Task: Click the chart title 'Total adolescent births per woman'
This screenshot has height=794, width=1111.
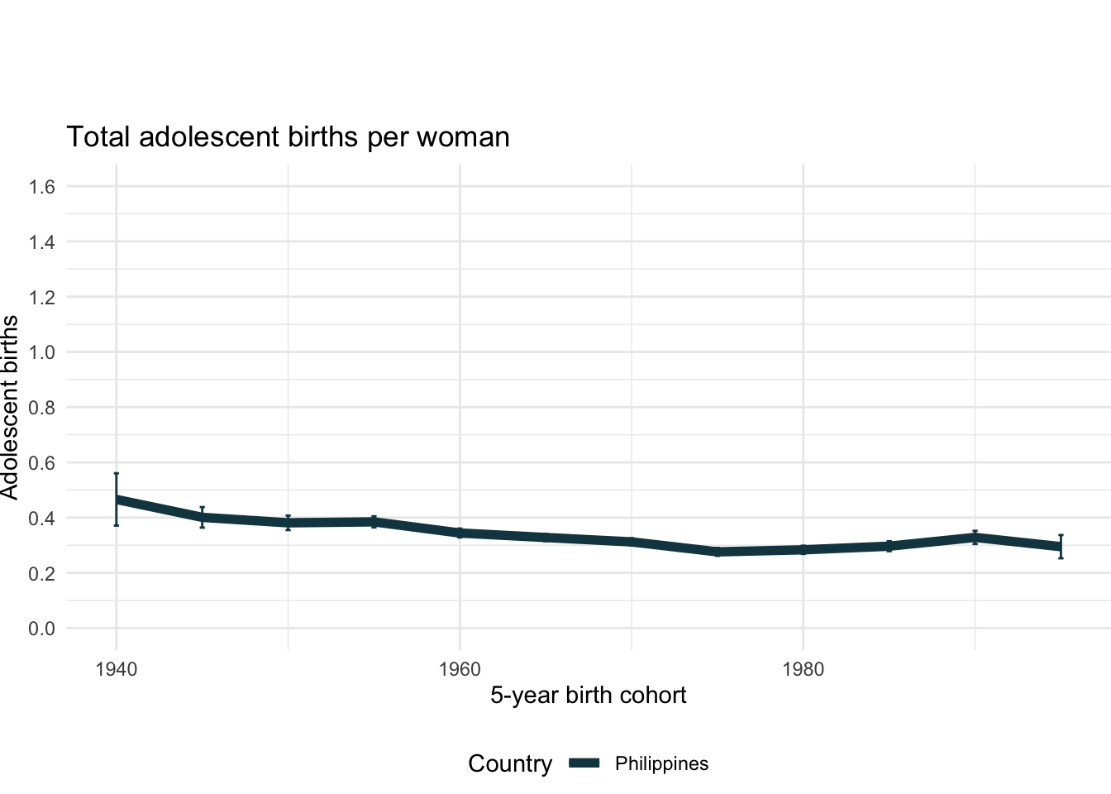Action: (288, 136)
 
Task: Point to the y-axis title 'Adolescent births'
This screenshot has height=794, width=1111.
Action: (10, 407)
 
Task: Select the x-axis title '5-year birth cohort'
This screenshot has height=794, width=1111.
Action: (588, 695)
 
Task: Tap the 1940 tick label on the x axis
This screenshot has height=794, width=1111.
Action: (116, 669)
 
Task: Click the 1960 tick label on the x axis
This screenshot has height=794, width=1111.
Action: (460, 669)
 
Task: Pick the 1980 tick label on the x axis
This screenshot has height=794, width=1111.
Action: (803, 669)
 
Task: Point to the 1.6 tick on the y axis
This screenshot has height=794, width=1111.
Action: (41, 187)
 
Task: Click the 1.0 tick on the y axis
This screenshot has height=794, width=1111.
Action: (41, 352)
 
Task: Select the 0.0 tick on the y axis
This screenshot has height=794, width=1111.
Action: (41, 629)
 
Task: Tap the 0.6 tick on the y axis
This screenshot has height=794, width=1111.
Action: (41, 463)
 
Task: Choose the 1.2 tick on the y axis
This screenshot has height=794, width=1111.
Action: (41, 297)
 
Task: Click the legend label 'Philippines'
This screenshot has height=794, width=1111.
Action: (661, 763)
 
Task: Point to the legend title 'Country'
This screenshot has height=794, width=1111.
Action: (509, 763)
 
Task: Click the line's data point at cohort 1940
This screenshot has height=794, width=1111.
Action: (117, 500)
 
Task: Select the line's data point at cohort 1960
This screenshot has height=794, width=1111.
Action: (460, 533)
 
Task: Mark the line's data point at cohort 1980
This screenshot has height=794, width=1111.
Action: (803, 549)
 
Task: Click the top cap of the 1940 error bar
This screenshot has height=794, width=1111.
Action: (117, 473)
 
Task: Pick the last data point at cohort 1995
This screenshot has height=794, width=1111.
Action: (1061, 547)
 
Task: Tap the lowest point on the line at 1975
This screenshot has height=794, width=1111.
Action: (718, 552)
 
